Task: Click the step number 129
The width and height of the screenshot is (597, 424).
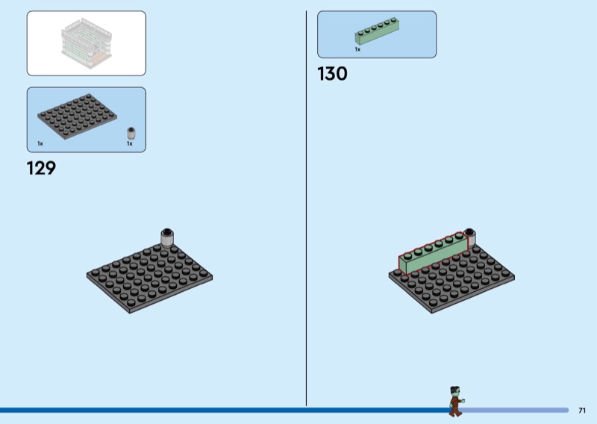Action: [x=41, y=168]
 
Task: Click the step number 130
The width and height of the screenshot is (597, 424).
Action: [x=332, y=73]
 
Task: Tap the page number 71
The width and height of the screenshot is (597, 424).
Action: [x=582, y=411]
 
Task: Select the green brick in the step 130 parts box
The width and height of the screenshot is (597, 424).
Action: [x=377, y=31]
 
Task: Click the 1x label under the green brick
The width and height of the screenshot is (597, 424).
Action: [x=357, y=49]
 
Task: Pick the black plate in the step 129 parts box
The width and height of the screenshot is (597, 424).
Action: [x=78, y=116]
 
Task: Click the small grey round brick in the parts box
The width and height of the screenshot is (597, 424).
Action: [x=131, y=134]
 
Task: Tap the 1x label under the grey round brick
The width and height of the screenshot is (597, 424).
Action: [x=130, y=143]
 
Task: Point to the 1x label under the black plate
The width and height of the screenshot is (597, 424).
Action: [x=40, y=143]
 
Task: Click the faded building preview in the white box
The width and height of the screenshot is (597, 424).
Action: [x=87, y=43]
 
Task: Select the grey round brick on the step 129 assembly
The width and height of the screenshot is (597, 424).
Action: [x=166, y=237]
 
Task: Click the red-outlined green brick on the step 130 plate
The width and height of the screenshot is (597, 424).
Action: [x=434, y=253]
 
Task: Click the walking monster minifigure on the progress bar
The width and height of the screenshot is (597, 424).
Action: [x=456, y=401]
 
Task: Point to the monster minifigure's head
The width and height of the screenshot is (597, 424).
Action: [x=455, y=391]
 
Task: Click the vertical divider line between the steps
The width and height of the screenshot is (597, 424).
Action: [x=306, y=208]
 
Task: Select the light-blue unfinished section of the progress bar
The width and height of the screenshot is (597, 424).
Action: [x=514, y=411]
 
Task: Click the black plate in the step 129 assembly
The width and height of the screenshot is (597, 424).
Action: [x=149, y=279]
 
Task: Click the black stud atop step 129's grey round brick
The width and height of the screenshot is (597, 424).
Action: [x=166, y=231]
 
